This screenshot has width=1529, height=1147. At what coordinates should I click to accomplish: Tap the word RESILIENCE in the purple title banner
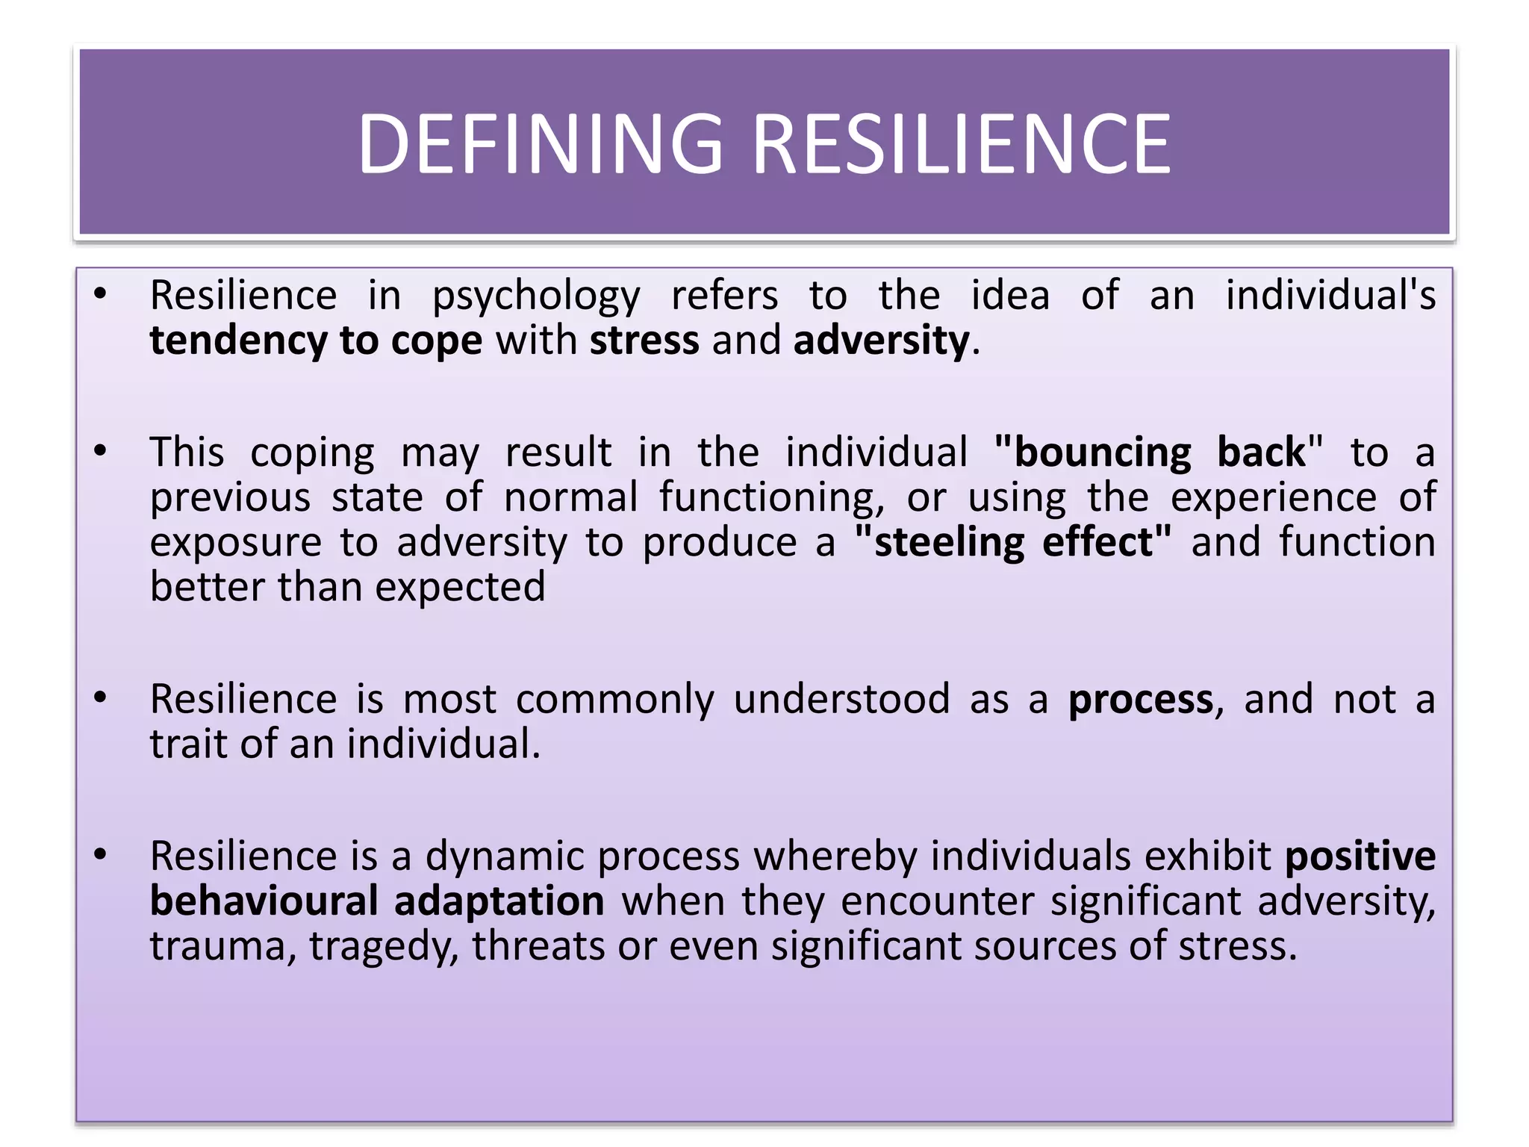pos(962,144)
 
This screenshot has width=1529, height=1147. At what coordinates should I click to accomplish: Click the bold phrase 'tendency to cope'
pos(316,341)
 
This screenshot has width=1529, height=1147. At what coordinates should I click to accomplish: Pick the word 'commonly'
pos(614,700)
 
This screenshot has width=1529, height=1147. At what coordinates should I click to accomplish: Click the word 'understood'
pos(841,700)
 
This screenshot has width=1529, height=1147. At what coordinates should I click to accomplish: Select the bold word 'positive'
pos(1360,857)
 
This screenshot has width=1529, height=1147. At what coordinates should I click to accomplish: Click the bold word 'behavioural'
pos(264,901)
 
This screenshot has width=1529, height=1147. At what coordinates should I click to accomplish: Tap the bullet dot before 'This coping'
pos(101,451)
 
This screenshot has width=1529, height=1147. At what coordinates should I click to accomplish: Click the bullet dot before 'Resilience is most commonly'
pos(101,697)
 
